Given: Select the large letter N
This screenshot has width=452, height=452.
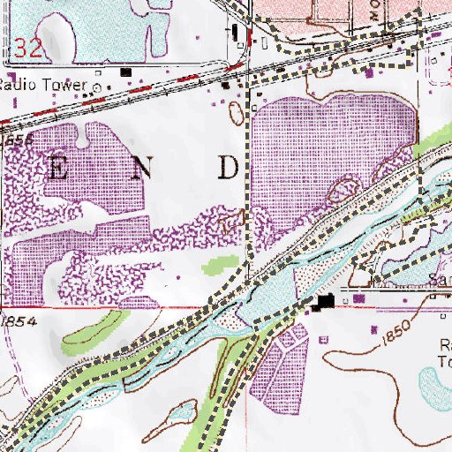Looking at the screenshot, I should pyautogui.click(x=139, y=169).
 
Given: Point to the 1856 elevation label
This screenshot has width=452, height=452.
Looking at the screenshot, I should pyautogui.click(x=18, y=141).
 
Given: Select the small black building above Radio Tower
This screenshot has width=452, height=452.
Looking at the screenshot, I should pyautogui.click(x=126, y=71).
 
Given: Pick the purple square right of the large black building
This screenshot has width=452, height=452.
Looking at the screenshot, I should pyautogui.click(x=358, y=300).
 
